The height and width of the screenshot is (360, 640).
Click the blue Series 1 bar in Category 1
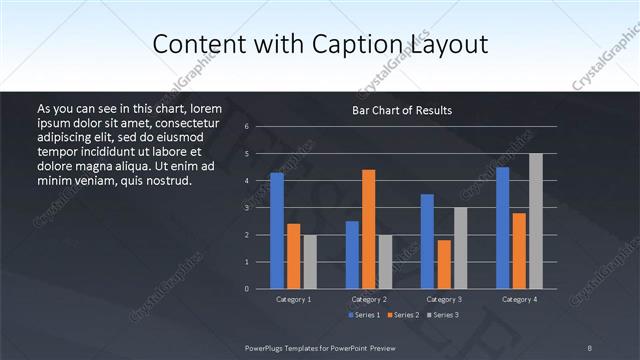(x=277, y=231)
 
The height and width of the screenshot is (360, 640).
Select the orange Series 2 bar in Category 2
(x=369, y=229)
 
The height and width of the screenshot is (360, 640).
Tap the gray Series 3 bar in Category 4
(x=536, y=221)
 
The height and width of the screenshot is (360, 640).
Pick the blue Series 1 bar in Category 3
(x=427, y=241)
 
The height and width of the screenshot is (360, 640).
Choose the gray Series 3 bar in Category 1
(x=310, y=262)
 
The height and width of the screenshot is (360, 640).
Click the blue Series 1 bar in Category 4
(x=502, y=228)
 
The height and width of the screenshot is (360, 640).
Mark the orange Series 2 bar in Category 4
(x=519, y=251)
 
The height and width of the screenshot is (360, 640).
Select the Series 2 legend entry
(x=403, y=315)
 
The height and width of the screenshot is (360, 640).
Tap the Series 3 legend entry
(x=442, y=315)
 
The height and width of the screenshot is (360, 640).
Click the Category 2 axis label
(x=369, y=299)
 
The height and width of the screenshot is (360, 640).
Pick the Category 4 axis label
(x=519, y=299)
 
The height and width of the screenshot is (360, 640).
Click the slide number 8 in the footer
(x=589, y=347)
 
